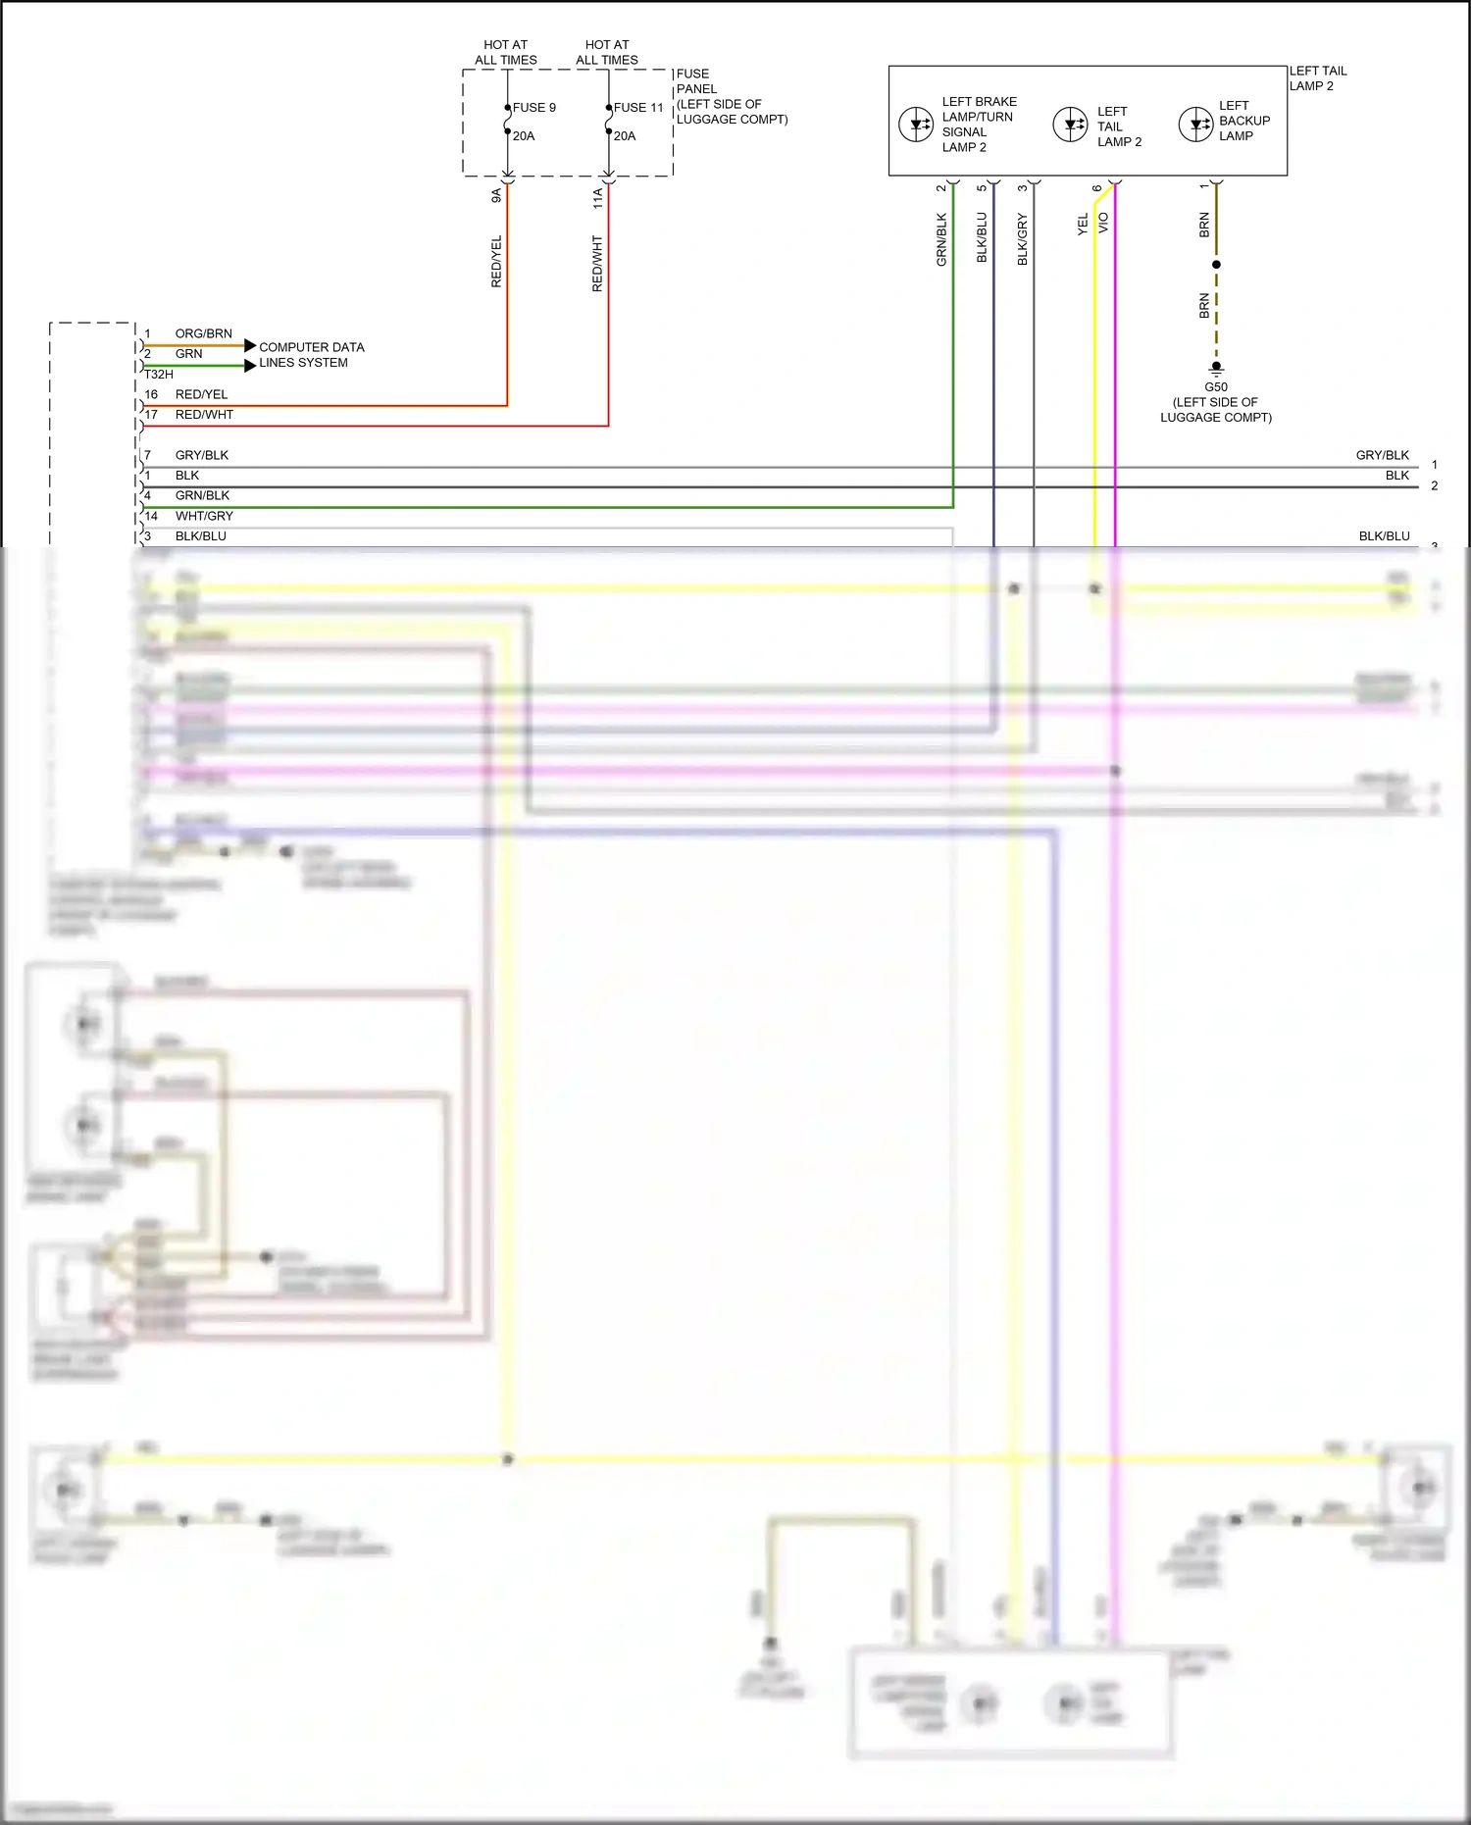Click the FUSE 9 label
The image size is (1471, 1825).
(x=534, y=108)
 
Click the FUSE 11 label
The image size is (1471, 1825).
(x=638, y=108)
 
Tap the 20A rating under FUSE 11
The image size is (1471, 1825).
(x=625, y=136)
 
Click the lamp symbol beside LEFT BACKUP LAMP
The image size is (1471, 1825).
(x=1195, y=125)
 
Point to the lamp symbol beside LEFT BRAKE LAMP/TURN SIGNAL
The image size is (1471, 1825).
(x=916, y=125)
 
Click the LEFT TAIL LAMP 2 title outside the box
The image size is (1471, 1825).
(x=1317, y=78)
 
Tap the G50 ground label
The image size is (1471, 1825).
(x=1216, y=387)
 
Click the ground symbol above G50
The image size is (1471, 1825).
(x=1216, y=370)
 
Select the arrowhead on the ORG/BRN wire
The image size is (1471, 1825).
(x=250, y=345)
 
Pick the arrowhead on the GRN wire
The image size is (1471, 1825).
(x=250, y=366)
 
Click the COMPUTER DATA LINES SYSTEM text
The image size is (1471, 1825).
(x=311, y=355)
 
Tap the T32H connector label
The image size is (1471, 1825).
(x=159, y=375)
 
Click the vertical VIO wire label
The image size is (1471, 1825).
(x=1103, y=223)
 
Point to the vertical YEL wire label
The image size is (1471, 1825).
(x=1083, y=225)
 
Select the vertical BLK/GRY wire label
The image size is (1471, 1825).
(x=1022, y=239)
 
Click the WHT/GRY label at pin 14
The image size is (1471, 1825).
(x=204, y=516)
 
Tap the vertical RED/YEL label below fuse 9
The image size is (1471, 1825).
(x=496, y=261)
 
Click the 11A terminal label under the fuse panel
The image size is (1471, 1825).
(x=597, y=198)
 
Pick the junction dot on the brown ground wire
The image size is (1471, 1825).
(x=1216, y=265)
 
